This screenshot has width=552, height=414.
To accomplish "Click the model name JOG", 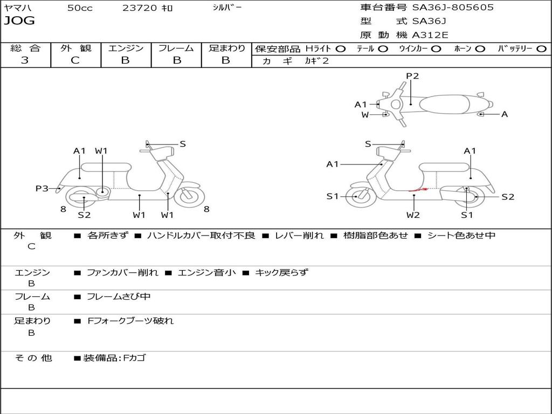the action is tap(19, 21).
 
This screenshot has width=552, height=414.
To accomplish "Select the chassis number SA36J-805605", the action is tap(453, 8).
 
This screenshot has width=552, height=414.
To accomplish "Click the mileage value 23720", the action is tap(140, 8).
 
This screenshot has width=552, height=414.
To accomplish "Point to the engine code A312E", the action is tap(430, 36).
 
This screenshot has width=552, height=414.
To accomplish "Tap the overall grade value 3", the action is tap(24, 60).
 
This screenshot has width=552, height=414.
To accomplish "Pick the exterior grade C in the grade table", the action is tap(75, 60).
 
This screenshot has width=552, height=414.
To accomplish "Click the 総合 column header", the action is tap(25, 48).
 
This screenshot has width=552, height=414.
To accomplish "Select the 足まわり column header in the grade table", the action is tap(226, 48).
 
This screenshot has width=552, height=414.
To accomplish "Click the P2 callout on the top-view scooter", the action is tap(412, 76).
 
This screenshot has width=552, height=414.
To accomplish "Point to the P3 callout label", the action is tap(42, 188).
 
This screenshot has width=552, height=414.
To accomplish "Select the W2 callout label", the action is tap(413, 215).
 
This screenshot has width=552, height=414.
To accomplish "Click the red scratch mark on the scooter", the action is tap(418, 190).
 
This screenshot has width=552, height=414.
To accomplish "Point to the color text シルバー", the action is tap(227, 7).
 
